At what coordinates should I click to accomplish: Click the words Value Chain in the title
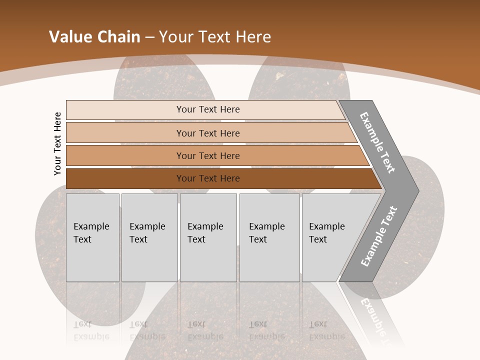[94, 37]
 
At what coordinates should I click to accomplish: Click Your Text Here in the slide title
[215, 37]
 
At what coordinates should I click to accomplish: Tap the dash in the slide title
[149, 37]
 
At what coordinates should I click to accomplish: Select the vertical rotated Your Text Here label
[57, 143]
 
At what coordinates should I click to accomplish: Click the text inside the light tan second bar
[208, 133]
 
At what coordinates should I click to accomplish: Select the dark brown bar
[125, 178]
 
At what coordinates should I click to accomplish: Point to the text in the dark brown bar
[208, 178]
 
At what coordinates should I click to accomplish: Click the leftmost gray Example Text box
[92, 237]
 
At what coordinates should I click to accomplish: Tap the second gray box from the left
[149, 237]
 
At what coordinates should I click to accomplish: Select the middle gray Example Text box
[208, 237]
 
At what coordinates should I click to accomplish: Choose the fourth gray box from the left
[269, 237]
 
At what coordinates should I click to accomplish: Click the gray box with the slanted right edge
[330, 237]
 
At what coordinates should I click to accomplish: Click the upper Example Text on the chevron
[377, 142]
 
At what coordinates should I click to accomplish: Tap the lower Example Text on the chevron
[379, 236]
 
